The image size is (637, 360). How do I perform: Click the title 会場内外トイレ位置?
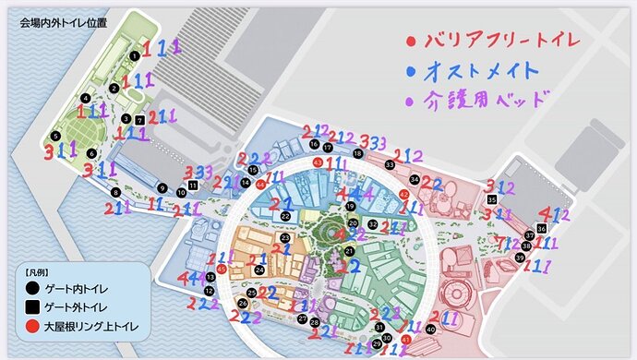61,22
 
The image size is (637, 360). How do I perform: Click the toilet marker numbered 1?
135,55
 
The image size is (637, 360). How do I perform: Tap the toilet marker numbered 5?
57,138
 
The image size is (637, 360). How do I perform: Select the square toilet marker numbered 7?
139,120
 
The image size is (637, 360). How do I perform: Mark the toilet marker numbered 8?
115,192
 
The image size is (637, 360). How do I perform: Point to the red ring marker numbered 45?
222,269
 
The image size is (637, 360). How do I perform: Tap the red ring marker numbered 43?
318,162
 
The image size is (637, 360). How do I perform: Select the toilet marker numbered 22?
286,216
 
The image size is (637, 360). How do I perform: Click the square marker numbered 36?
541,228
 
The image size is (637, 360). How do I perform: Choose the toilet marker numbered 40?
431,330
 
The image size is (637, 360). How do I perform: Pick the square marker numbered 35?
492,199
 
